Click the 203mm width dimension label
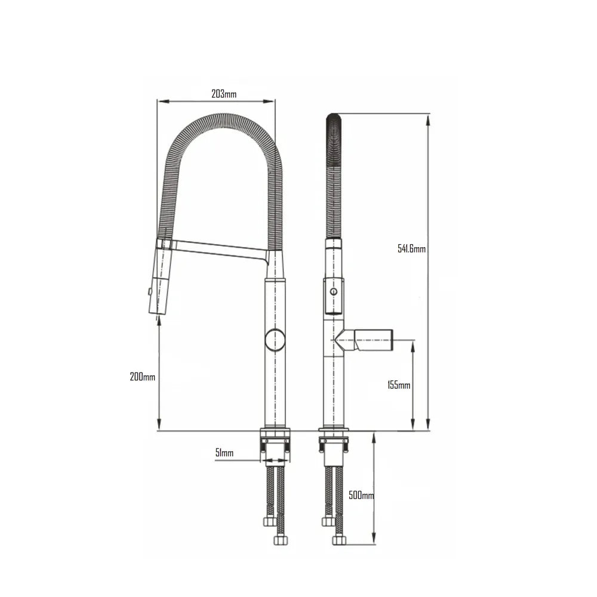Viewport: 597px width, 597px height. pyautogui.click(x=224, y=94)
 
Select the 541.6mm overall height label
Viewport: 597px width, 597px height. pyautogui.click(x=411, y=249)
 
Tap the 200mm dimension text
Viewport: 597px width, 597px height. pyautogui.click(x=142, y=377)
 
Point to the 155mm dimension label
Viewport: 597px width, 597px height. pyautogui.click(x=398, y=385)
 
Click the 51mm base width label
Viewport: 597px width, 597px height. pyautogui.click(x=224, y=453)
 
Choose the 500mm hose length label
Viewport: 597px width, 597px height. pyautogui.click(x=361, y=496)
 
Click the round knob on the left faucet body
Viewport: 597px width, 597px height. pyautogui.click(x=275, y=339)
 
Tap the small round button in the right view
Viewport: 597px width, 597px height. pyautogui.click(x=334, y=293)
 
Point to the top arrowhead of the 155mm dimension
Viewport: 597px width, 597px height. pyautogui.click(x=413, y=344)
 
